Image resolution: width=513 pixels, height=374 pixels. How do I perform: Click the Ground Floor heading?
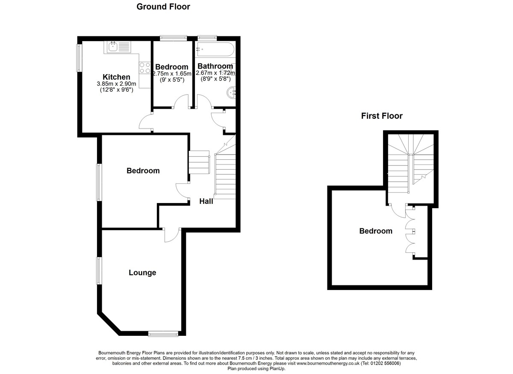coord(163,7)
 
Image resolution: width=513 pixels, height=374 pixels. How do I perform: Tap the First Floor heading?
coord(382,116)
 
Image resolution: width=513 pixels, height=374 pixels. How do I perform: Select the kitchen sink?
coord(113,47)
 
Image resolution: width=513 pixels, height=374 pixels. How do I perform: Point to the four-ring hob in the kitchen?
coord(144,68)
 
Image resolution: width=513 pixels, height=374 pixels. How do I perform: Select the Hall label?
coord(206,201)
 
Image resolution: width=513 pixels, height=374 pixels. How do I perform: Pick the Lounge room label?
coord(142,272)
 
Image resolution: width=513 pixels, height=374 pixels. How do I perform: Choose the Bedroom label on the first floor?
coord(375,231)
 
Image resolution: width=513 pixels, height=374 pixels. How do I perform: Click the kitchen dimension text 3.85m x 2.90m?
coord(116,84)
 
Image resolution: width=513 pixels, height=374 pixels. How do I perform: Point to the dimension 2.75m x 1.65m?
coord(172,73)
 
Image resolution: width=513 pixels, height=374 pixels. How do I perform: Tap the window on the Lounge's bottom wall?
coord(163,333)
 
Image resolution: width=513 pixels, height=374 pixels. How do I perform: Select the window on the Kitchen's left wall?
coord(79,58)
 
